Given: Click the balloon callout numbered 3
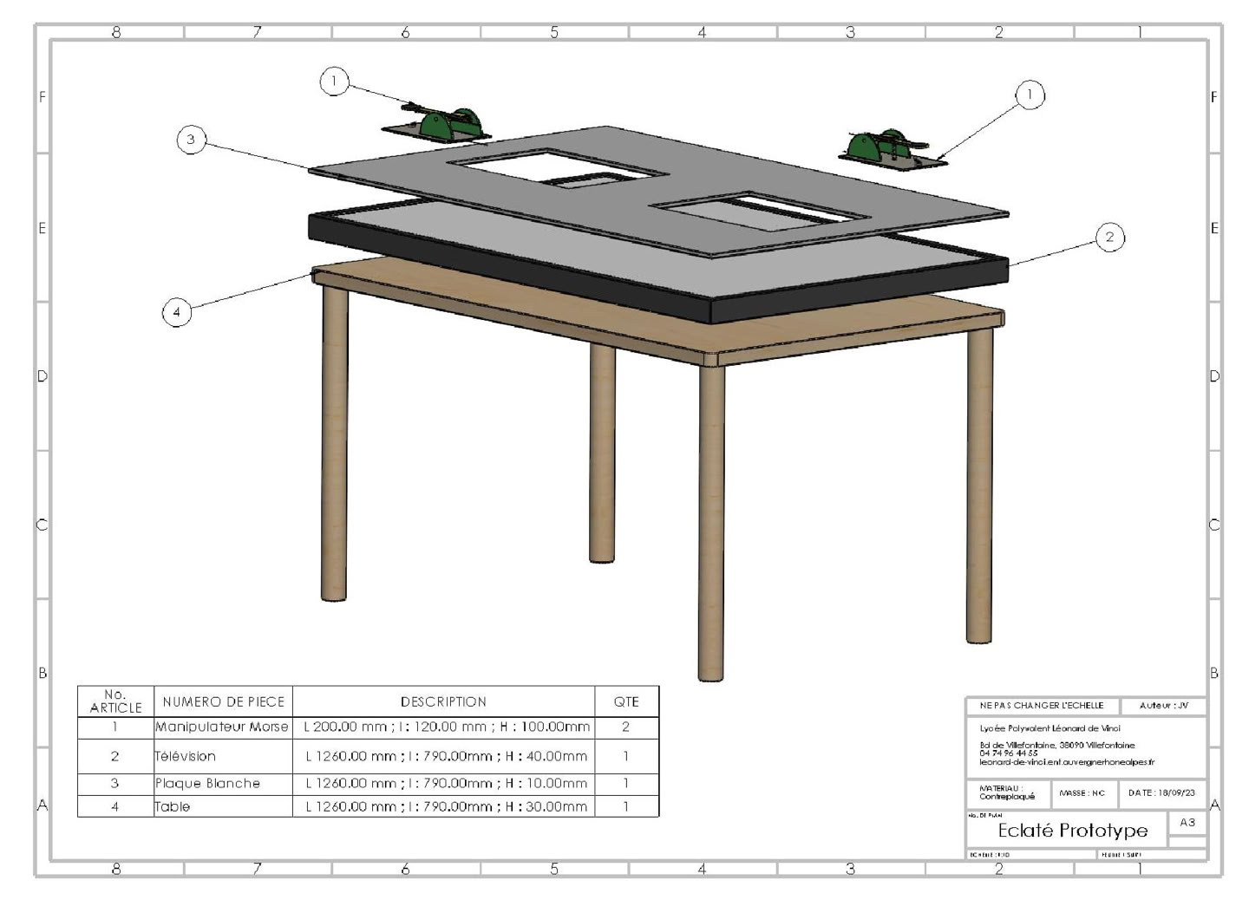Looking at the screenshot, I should click(191, 139).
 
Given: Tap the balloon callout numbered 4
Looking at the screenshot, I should click(177, 312).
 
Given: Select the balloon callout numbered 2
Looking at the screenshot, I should click(1109, 237).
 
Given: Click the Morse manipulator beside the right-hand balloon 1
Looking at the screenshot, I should click(890, 149).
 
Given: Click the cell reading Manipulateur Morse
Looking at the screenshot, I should click(222, 727).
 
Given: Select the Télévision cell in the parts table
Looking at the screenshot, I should click(222, 756).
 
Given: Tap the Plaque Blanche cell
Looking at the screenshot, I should click(222, 783).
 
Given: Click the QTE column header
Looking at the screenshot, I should click(625, 701).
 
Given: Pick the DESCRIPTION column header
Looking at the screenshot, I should click(443, 701).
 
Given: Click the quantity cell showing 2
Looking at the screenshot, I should click(625, 727).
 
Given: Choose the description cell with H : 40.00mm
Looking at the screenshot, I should click(446, 756).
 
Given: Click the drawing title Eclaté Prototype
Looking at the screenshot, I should click(1072, 831).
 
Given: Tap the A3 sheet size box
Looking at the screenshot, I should click(1187, 822).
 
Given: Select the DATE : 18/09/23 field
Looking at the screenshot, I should click(1161, 792).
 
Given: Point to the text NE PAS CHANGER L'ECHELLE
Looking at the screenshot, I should click(1042, 706).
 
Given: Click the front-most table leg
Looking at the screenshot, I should click(710, 520).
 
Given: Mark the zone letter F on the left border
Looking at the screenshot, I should click(42, 97).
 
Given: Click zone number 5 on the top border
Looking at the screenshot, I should click(554, 32).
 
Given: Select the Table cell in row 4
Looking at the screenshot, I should click(222, 806).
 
